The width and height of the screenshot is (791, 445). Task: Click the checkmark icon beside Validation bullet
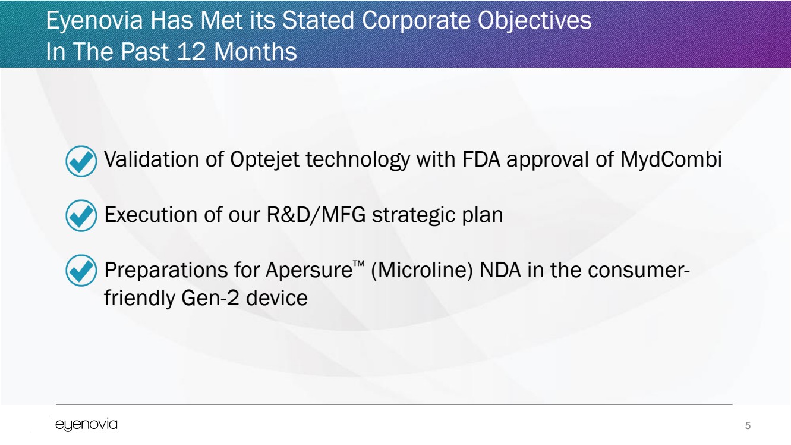pyautogui.click(x=81, y=161)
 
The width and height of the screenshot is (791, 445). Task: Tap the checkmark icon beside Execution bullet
pyautogui.click(x=81, y=215)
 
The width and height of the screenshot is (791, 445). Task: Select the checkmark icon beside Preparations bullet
pyautogui.click(x=81, y=271)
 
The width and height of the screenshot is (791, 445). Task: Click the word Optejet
pyautogui.click(x=265, y=160)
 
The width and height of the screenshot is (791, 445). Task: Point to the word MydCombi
pyautogui.click(x=671, y=159)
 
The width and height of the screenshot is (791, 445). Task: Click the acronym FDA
pyautogui.click(x=481, y=159)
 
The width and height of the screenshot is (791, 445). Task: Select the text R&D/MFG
pyautogui.click(x=316, y=215)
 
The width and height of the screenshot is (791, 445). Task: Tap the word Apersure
pyautogui.click(x=309, y=271)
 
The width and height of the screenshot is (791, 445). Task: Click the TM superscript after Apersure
pyautogui.click(x=358, y=264)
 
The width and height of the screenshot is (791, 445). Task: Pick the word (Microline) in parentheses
pyautogui.click(x=421, y=271)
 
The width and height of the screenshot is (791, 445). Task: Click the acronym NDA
pyautogui.click(x=500, y=271)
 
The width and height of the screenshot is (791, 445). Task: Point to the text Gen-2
pyautogui.click(x=210, y=298)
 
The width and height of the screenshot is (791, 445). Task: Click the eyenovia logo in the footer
pyautogui.click(x=86, y=425)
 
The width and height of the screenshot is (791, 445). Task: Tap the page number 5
pyautogui.click(x=748, y=425)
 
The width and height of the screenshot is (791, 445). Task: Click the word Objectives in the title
pyautogui.click(x=534, y=20)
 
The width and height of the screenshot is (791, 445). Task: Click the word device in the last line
pyautogui.click(x=276, y=298)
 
